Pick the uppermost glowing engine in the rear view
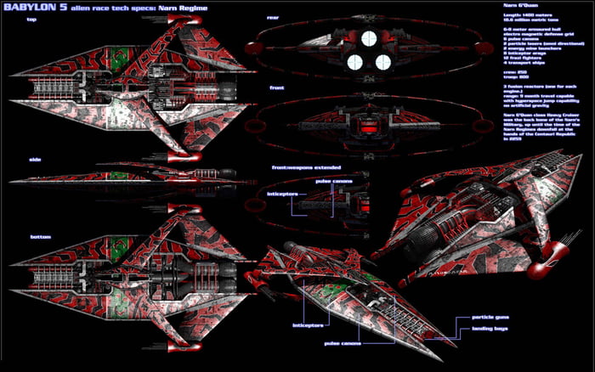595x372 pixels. (370, 37)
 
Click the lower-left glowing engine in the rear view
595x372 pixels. (356, 61)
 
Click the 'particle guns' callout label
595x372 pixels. (490, 318)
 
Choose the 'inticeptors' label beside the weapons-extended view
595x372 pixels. (282, 194)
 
